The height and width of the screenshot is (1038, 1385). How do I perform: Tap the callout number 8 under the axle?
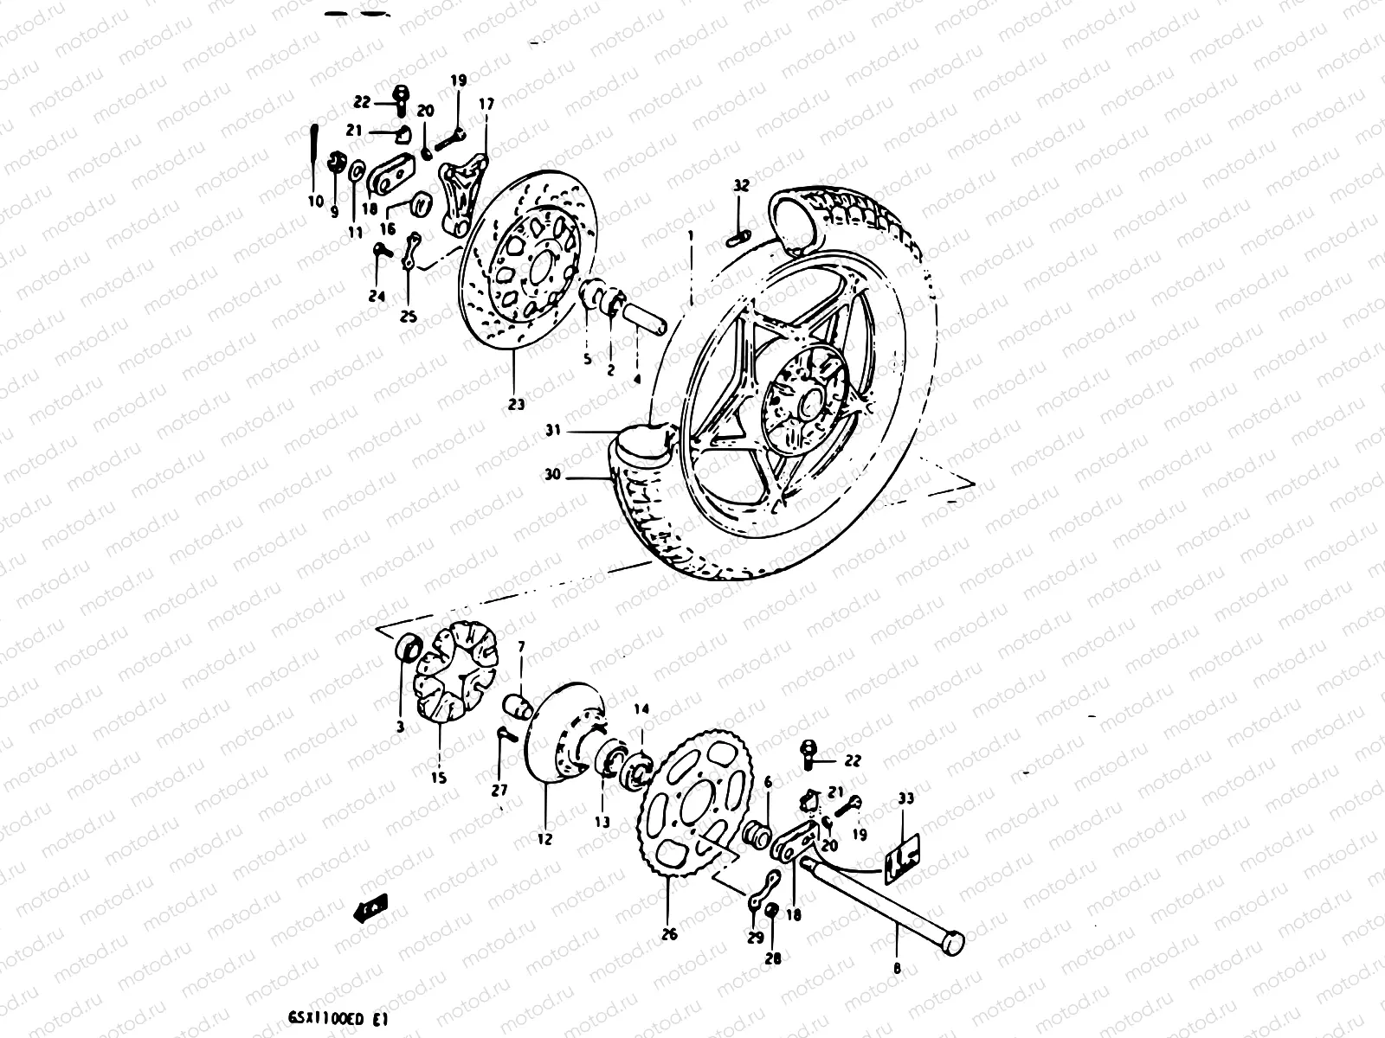[897, 970]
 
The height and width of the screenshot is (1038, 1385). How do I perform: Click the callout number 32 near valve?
[740, 185]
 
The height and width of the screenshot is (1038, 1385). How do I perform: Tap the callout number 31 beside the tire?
[555, 429]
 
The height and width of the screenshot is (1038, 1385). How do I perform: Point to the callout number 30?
[554, 475]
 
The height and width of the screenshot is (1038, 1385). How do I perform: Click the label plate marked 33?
[904, 852]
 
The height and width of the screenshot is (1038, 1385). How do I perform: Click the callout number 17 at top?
[486, 104]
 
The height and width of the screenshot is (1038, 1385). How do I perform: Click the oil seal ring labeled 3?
[406, 648]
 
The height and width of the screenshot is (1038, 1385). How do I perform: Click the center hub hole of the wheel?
[811, 403]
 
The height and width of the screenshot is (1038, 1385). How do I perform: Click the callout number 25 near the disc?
[408, 317]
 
